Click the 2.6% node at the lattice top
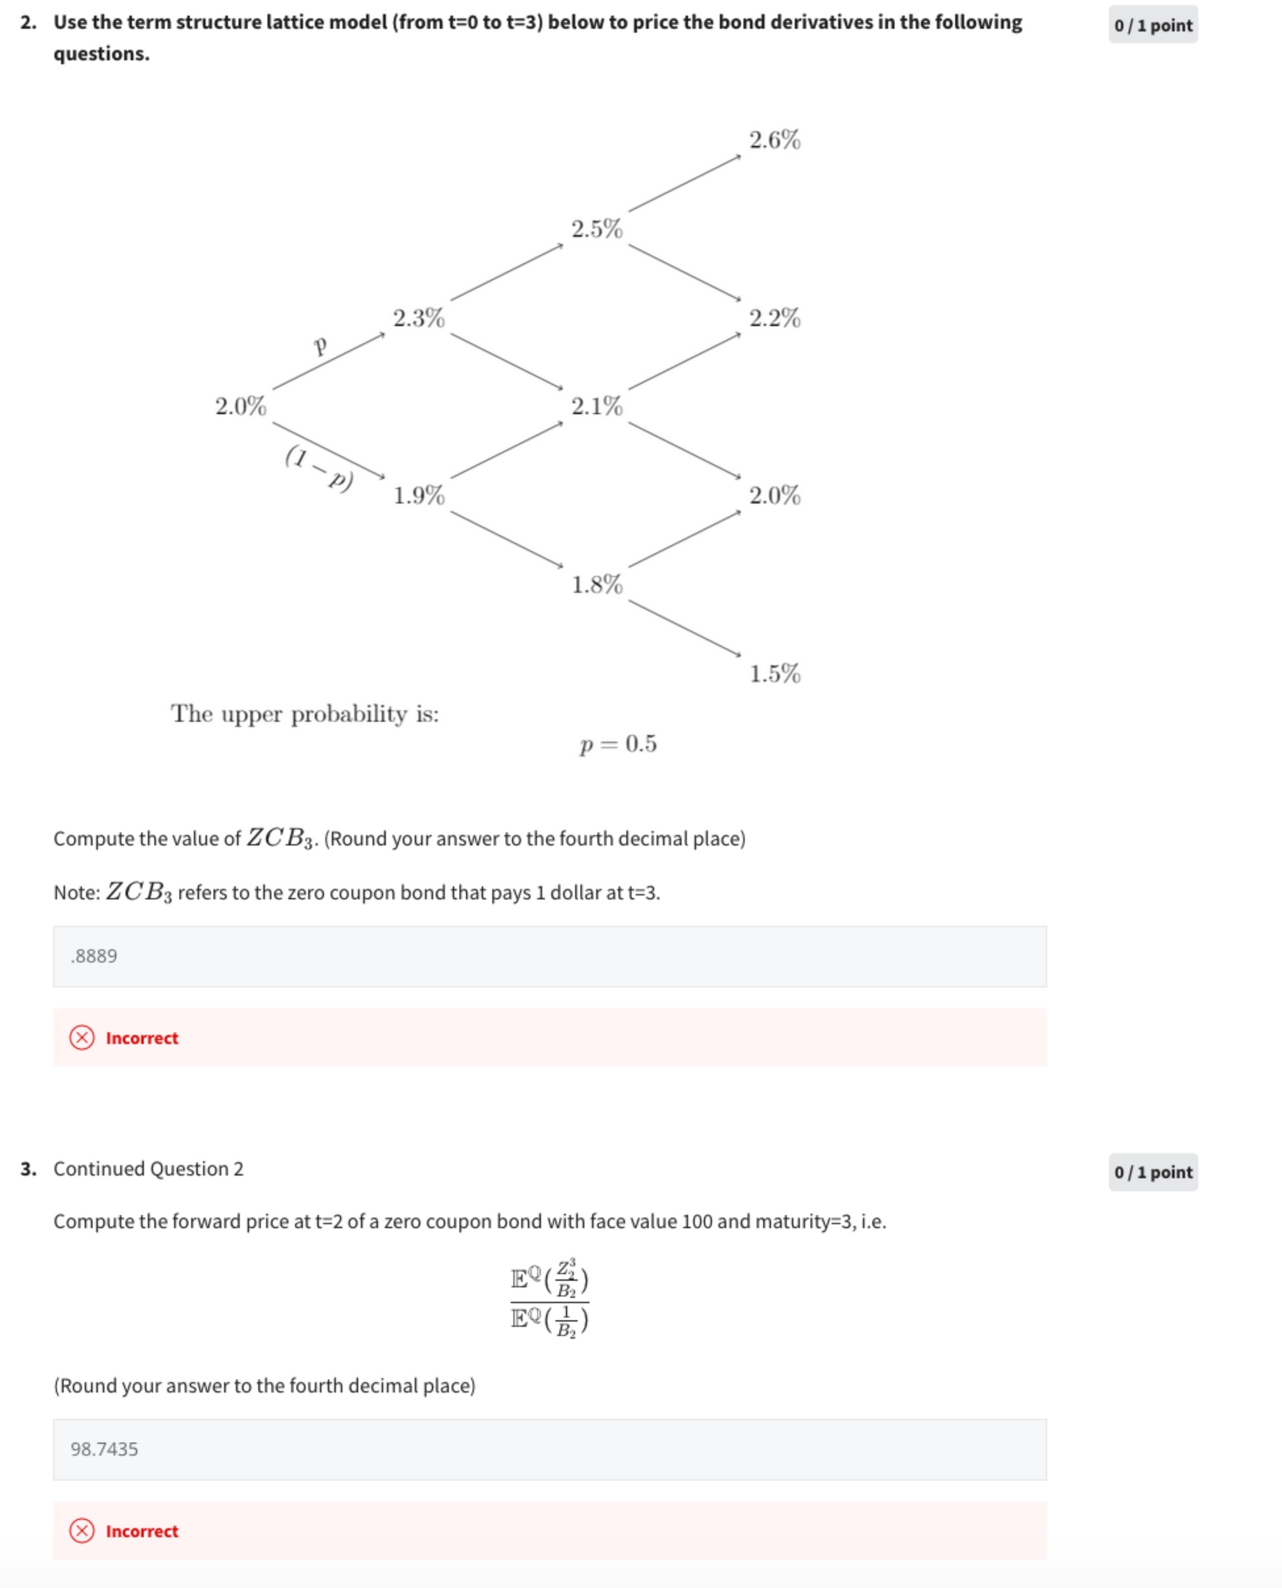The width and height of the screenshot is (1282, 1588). (x=774, y=139)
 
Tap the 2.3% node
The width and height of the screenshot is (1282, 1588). (x=419, y=318)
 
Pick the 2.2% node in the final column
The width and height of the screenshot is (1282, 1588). (x=774, y=318)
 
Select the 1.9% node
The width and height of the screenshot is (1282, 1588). (x=419, y=495)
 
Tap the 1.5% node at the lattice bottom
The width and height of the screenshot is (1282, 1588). (x=774, y=673)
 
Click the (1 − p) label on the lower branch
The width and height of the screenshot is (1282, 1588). (x=319, y=468)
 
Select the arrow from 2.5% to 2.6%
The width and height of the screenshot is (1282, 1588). (x=684, y=183)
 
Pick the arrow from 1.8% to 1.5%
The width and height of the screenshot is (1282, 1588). (x=684, y=628)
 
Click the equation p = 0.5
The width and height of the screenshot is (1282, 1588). (x=618, y=743)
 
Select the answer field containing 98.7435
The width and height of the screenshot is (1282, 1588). (x=550, y=1449)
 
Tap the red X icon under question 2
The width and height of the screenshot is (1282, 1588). (x=82, y=1038)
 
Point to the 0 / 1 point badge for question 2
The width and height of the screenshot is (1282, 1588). (x=1152, y=25)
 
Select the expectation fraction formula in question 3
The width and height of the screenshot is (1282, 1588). (x=550, y=1299)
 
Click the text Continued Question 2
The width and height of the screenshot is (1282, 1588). (x=148, y=1168)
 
